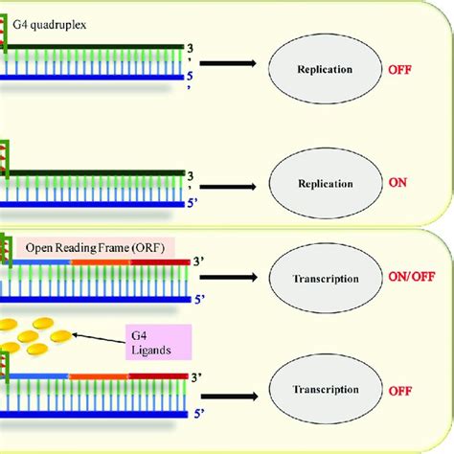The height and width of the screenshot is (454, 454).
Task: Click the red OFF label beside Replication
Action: tap(398, 70)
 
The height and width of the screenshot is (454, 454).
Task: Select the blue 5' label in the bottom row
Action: tap(195, 417)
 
